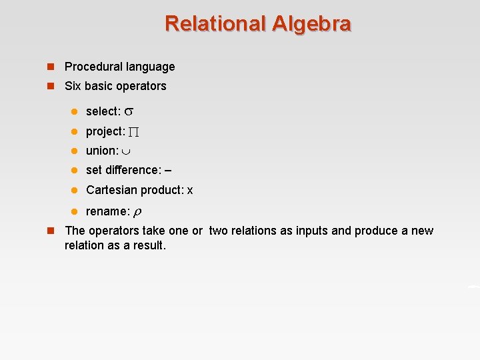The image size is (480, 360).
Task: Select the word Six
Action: pos(73,86)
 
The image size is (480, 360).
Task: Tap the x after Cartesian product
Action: pos(190,191)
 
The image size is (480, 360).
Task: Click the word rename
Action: pos(106,211)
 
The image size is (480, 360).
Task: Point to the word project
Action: pos(104,131)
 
